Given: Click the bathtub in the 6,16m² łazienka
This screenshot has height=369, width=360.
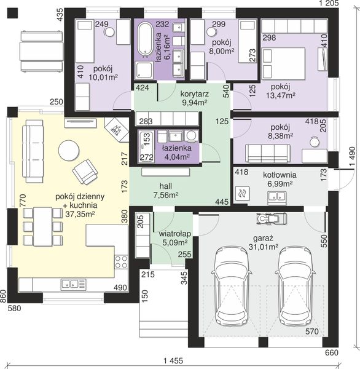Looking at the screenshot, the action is click(x=145, y=40).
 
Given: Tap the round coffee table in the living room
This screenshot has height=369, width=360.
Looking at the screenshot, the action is click(x=69, y=151).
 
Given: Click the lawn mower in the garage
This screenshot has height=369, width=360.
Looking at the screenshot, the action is click(x=272, y=218).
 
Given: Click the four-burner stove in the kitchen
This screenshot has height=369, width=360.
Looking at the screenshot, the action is click(x=122, y=262).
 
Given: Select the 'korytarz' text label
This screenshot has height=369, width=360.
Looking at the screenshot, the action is click(x=195, y=94).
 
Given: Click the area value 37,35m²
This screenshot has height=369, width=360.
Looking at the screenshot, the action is click(x=80, y=214).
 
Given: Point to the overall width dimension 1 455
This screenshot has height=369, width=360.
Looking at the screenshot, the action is click(x=173, y=360).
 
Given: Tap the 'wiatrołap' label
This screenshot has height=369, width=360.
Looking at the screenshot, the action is click(x=174, y=234).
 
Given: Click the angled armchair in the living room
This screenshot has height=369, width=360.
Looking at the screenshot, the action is click(x=85, y=172).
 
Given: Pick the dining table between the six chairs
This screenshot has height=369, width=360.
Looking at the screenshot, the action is click(x=43, y=226).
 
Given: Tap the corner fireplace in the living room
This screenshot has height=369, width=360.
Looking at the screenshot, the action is click(x=117, y=130).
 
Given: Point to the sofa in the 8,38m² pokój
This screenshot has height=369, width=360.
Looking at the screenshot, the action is click(x=268, y=153).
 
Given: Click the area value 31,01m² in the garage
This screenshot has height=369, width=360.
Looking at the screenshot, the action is click(x=264, y=247).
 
